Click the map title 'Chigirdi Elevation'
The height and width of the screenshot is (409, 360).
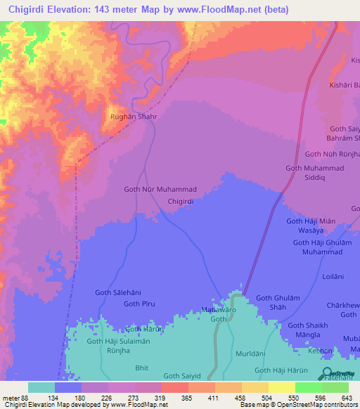tap(60, 10)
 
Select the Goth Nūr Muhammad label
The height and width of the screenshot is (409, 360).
tap(160, 190)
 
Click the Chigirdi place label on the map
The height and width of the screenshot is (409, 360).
tap(181, 201)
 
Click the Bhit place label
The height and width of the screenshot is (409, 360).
tap(141, 368)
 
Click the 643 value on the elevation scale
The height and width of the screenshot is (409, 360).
tap(348, 397)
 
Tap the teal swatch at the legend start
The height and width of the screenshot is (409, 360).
tap(41, 387)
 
